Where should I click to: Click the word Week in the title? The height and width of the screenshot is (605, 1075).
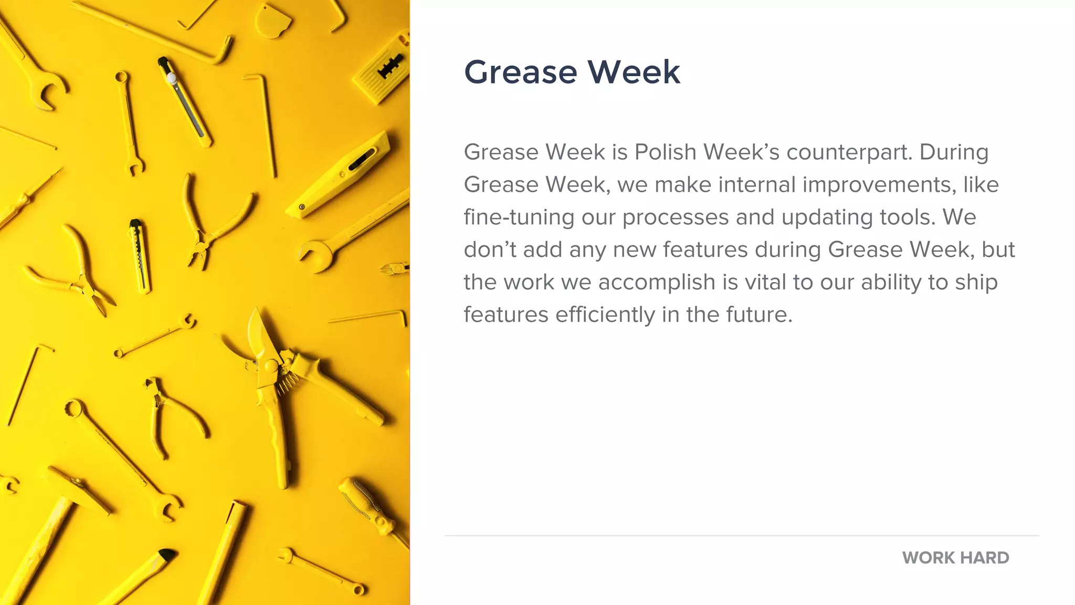[x=634, y=72]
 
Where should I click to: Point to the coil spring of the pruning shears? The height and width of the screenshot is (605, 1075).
[x=287, y=382]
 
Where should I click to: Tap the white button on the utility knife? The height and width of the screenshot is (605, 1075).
[x=171, y=79]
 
